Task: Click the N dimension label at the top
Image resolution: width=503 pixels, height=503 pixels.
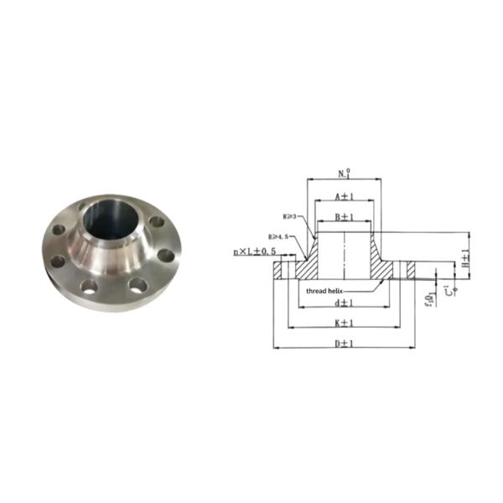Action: [344, 174]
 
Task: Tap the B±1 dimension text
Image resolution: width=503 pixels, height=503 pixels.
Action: [344, 217]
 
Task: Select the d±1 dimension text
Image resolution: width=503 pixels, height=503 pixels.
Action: [342, 302]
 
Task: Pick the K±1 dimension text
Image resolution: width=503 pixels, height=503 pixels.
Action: [342, 322]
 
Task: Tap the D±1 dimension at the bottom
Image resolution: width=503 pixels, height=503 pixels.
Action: [342, 343]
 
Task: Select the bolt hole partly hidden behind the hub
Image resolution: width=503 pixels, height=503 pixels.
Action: [82, 206]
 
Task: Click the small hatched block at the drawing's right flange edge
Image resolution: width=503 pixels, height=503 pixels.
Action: [411, 270]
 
